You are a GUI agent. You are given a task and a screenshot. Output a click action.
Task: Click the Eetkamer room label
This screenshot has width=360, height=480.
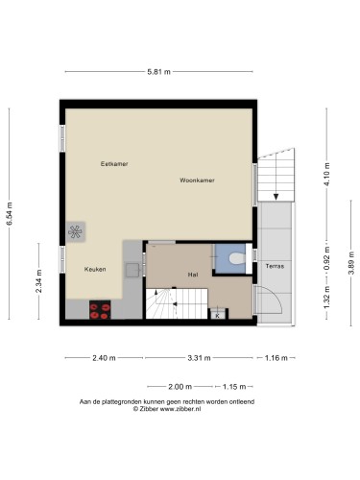pos(114,164)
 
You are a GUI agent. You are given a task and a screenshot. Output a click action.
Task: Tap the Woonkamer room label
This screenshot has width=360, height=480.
pos(197,180)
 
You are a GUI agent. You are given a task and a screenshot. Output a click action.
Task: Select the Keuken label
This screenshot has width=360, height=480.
pos(95,269)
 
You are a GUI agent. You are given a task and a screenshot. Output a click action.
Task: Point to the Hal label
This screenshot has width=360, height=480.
pos(193,275)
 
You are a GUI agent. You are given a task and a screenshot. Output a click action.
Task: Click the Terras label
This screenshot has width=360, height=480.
pos(275,266)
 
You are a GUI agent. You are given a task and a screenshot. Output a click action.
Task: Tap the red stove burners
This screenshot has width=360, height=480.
pos(100,310)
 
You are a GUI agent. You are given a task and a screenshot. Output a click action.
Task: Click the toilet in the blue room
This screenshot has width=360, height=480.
pos(237,258)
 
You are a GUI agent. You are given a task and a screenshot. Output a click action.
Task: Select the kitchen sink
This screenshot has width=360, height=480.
pos(132,271)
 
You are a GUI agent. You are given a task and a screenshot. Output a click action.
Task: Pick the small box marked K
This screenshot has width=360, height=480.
pos(218,316)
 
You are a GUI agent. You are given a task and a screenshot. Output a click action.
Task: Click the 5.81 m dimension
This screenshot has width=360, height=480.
pos(159,72)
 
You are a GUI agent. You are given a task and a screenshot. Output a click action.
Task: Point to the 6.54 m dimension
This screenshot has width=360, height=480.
pos(10,214)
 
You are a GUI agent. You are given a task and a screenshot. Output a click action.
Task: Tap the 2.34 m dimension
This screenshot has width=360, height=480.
pos(38,281)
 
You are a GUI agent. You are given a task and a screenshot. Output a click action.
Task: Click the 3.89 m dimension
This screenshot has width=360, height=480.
pos(351,263)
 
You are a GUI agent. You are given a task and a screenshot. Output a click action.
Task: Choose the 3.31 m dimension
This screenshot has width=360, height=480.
pos(199,358)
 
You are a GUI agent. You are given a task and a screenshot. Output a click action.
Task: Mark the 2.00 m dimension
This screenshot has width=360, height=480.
pos(180,387)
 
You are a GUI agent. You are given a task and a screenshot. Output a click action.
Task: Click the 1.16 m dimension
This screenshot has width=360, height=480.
pos(276,358)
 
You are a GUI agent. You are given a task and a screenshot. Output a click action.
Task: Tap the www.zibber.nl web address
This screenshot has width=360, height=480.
pos(180,409)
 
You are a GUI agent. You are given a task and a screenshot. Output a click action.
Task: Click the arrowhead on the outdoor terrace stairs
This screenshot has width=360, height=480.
pos(276,197)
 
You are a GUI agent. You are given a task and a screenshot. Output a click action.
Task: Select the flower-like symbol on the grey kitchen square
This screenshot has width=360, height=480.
pos(75,231)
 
